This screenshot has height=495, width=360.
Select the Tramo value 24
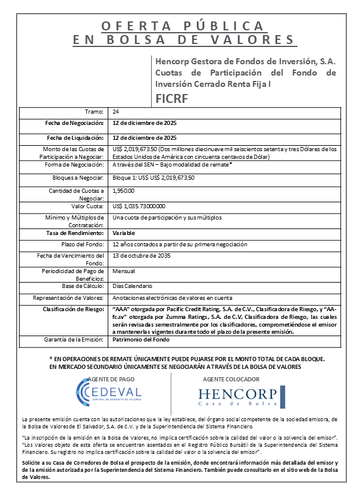tap(115, 111)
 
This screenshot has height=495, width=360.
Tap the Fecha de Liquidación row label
tap(76, 137)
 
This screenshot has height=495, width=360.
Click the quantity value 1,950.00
tap(124, 191)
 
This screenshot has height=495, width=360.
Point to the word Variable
tap(124, 233)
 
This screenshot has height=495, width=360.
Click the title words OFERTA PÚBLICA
tap(183, 26)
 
